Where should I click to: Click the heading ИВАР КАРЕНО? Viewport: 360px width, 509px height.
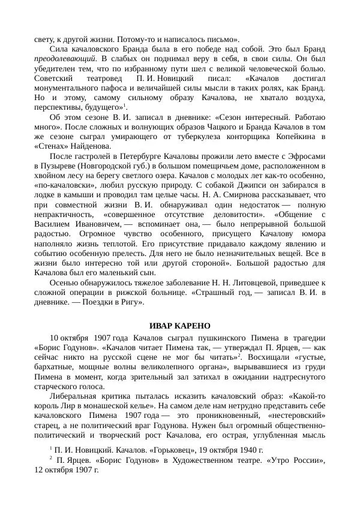[180, 326]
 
